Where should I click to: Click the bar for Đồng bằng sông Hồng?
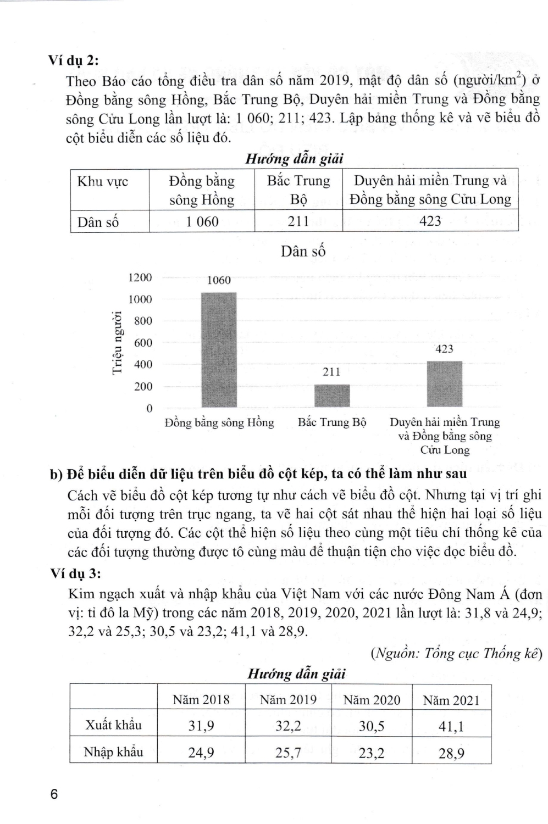pos(219,349)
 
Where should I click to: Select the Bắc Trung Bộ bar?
pos(332,396)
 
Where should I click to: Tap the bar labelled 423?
pos(445,383)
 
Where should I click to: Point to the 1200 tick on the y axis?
pos(140,277)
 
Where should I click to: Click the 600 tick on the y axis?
pos(143,343)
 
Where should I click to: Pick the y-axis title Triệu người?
pos(117,342)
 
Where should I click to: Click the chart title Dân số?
pos(303,252)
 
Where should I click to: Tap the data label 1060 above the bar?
pos(219,280)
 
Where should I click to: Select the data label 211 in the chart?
pos(331,372)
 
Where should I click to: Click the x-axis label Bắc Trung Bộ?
pos(332,422)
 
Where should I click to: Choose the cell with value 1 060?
pos(202,221)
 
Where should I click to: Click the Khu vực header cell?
pos(103,182)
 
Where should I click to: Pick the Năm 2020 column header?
pos(372,700)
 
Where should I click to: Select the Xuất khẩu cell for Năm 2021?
pos(451,726)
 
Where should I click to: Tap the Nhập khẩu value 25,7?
pos(288,753)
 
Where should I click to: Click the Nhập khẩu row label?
pos(113,752)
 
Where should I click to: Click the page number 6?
pos(53,794)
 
